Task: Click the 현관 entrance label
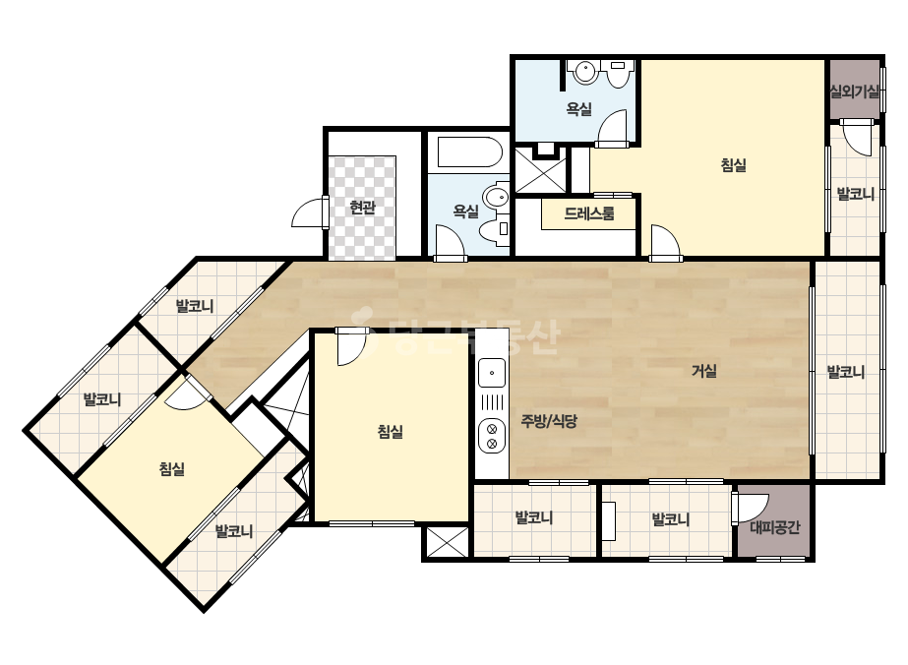point(362,207)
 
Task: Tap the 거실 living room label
point(704,371)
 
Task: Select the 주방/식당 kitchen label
point(548,421)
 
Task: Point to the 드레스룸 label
point(589,213)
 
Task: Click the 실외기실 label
point(855,91)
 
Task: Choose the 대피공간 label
point(775,527)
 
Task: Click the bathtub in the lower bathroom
point(469,152)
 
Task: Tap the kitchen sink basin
point(492,373)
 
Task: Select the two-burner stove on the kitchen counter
point(492,436)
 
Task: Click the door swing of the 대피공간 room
point(751,509)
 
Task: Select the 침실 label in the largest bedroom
point(733,165)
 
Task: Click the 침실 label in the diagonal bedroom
point(172,468)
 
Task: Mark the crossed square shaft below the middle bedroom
point(446,542)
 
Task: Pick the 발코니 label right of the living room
point(845,372)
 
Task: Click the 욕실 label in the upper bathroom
point(578,109)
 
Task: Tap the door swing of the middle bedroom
point(352,347)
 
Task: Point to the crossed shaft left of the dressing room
point(541,170)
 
